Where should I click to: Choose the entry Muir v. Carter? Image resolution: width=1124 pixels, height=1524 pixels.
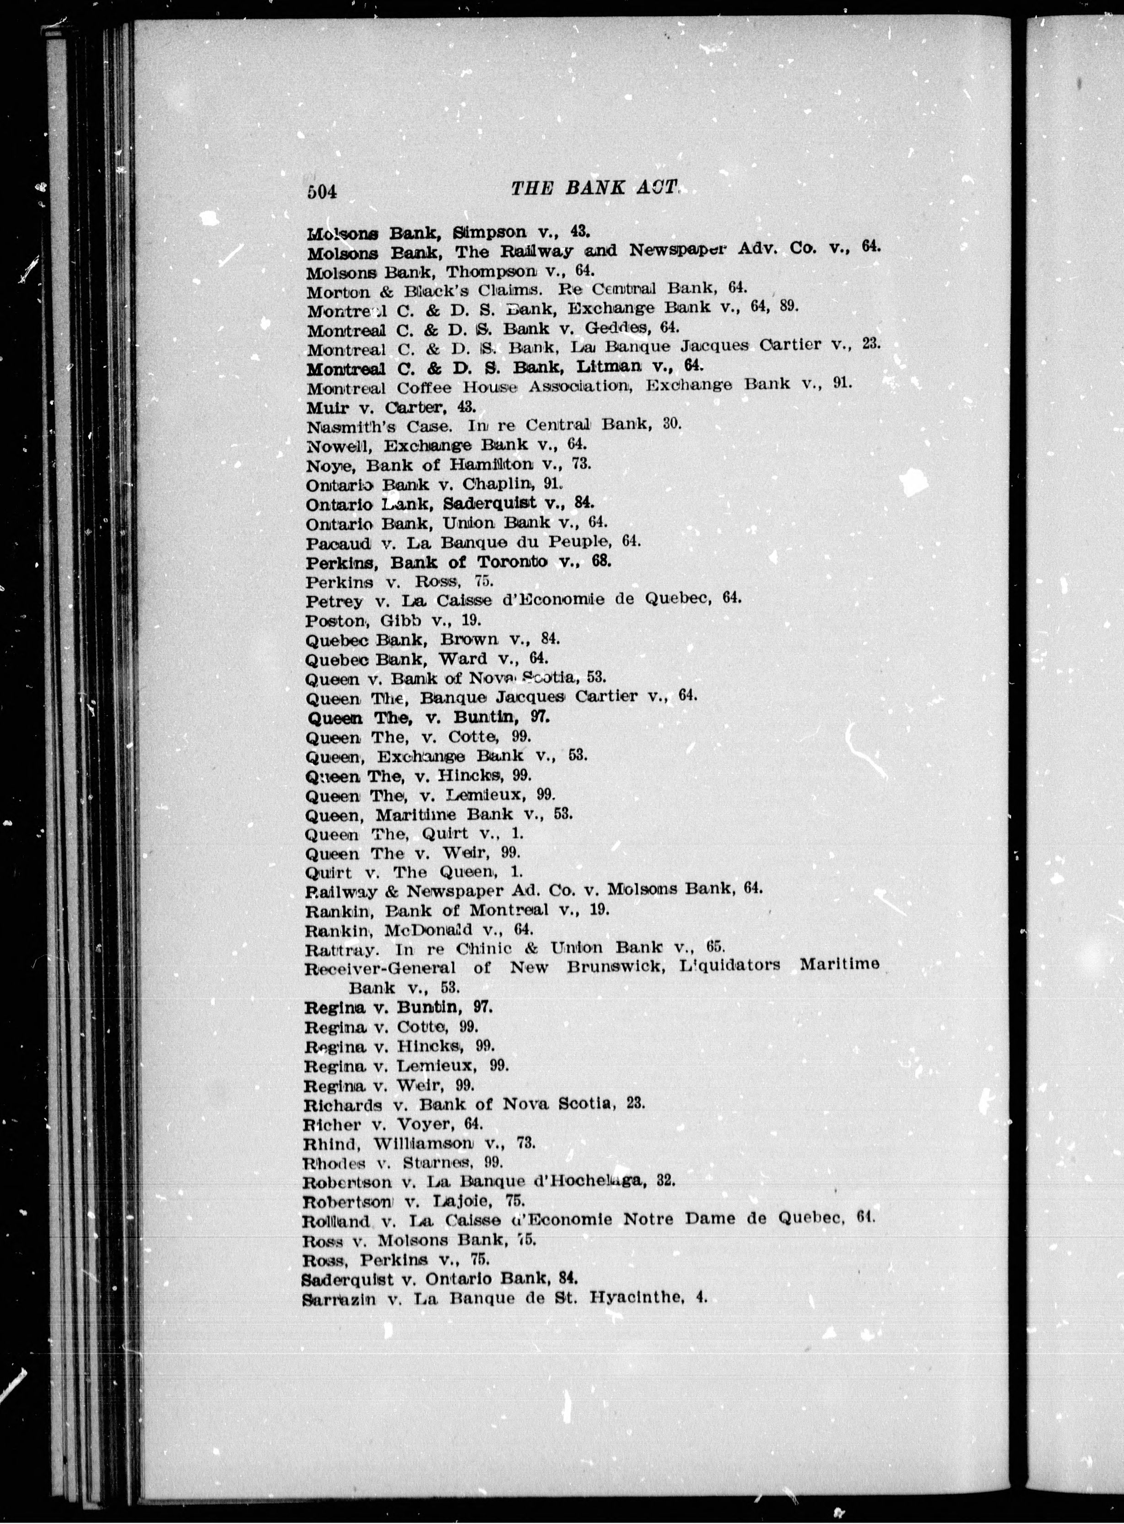(x=390, y=408)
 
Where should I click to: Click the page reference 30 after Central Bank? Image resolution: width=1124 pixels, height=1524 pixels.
(x=671, y=424)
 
